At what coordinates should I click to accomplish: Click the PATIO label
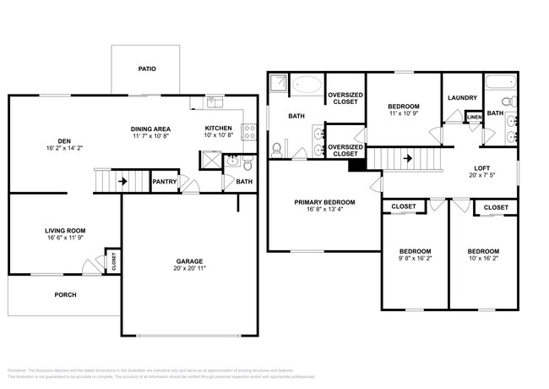(x=147, y=68)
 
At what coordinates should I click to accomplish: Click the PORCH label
(x=65, y=295)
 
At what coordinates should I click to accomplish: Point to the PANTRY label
(x=164, y=181)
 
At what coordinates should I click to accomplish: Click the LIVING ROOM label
(x=65, y=230)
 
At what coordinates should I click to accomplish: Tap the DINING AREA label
(x=151, y=128)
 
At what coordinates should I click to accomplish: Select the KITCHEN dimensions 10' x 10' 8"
(x=218, y=135)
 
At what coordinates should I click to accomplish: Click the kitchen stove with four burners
(x=249, y=132)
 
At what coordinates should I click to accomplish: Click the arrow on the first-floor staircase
(x=122, y=180)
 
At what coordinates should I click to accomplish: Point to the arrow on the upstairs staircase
(x=407, y=157)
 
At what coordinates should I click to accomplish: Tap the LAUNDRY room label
(x=462, y=97)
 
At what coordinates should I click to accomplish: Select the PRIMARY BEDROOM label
(x=324, y=202)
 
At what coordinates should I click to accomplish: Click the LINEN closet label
(x=475, y=118)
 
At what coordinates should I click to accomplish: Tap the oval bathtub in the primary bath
(x=306, y=86)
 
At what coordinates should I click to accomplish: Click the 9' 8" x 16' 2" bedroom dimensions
(x=415, y=260)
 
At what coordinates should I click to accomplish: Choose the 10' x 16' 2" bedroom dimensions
(x=484, y=260)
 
